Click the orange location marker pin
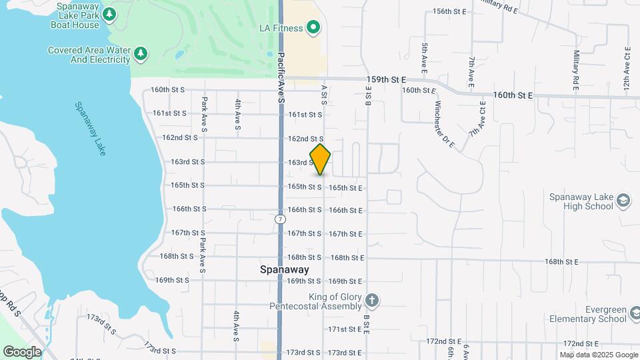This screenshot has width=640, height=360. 320,159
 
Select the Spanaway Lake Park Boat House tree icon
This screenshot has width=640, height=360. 109,14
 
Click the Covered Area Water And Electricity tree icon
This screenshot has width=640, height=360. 140,53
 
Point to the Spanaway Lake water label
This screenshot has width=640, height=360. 89,129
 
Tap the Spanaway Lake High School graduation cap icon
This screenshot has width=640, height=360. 623,201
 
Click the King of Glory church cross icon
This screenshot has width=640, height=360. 372,301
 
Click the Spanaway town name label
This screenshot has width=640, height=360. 284,270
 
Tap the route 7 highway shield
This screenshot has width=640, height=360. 279,219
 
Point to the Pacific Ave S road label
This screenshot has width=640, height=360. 281,77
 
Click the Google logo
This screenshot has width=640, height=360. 21,351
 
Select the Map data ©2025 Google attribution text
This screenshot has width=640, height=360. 598,355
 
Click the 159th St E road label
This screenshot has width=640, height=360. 387,79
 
